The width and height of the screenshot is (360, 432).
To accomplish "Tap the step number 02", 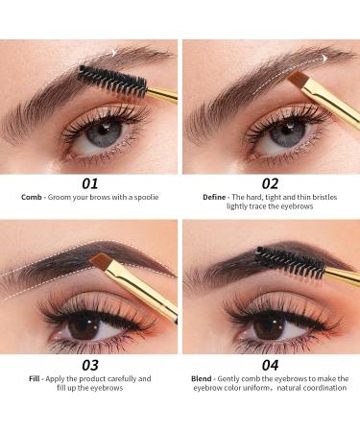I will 270,181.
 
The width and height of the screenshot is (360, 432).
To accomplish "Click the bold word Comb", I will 32,197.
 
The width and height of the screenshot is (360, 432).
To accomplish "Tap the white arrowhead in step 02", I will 324,57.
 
